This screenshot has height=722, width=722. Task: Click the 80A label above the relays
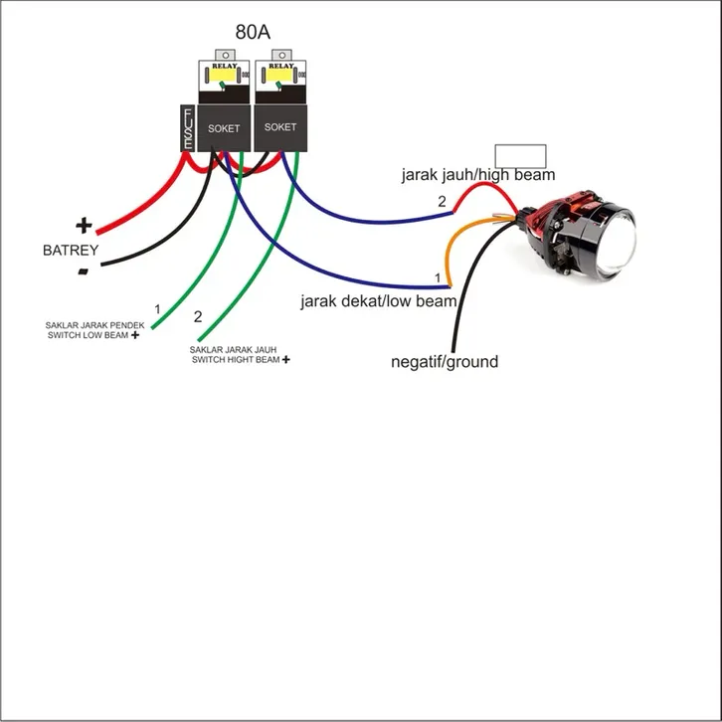[x=253, y=32]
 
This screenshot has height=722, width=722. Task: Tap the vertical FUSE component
[x=186, y=129]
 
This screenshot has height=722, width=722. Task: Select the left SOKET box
[x=224, y=128]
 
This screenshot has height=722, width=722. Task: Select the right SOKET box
[x=280, y=127]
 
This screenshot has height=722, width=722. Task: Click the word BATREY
[x=71, y=250]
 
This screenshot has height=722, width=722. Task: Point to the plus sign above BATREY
[x=84, y=226]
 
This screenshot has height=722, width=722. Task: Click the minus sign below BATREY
[x=84, y=271]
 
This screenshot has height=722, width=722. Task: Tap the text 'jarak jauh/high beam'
[x=478, y=175]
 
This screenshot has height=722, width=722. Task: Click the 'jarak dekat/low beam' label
[x=379, y=300]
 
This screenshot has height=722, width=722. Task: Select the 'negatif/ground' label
[x=445, y=362]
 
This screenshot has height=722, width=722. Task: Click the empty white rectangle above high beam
[x=520, y=155]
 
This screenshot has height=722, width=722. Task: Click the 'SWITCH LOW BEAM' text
[x=88, y=336]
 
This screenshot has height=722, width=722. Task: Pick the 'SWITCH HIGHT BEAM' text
[x=235, y=359]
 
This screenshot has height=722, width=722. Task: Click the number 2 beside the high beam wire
[x=443, y=202]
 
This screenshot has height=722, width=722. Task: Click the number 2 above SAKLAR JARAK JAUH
[x=198, y=317]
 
